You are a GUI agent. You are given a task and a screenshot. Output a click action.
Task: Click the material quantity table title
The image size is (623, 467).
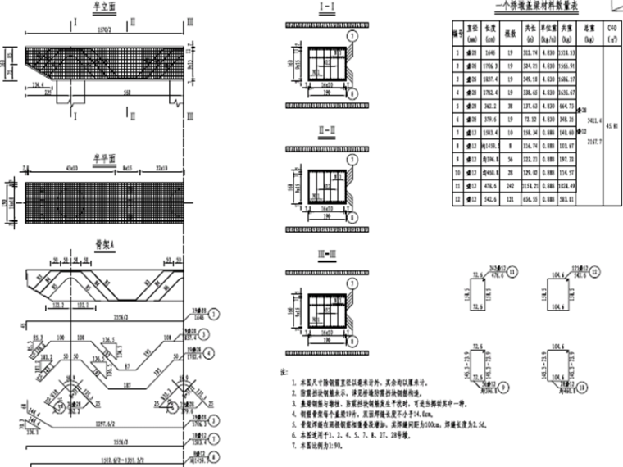tap(534, 9)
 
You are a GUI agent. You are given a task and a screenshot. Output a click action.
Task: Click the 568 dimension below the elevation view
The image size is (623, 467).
tap(126, 93)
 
